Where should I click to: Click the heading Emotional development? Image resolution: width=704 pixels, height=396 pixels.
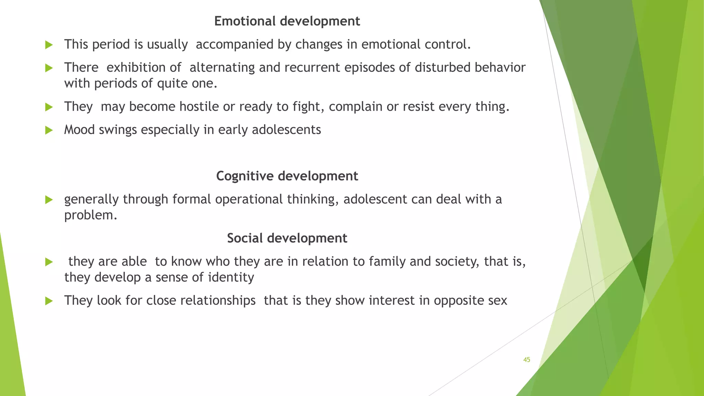point(287,21)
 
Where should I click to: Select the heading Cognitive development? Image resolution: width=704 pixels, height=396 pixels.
point(287,176)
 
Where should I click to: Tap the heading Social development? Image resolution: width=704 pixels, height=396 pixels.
point(287,238)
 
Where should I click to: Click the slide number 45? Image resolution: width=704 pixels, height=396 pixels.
point(527,360)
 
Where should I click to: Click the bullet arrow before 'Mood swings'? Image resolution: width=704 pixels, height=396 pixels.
point(49,130)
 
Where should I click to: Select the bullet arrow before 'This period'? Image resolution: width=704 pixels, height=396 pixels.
point(49,45)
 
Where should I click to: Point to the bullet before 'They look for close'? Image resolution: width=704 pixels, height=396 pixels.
point(49,301)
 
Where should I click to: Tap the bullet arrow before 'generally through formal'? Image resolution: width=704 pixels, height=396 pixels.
point(49,200)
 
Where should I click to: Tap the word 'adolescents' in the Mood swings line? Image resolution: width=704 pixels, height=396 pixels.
point(286,130)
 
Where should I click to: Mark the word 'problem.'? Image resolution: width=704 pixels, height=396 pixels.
point(91,215)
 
